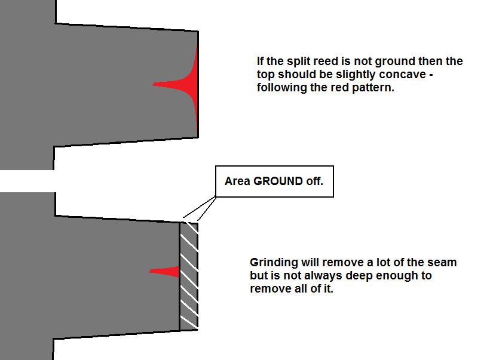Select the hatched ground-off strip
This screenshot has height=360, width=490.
(x=189, y=276)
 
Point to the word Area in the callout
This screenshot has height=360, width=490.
(x=237, y=181)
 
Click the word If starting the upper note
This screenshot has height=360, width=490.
(x=260, y=61)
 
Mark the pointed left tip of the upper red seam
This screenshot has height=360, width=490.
(x=153, y=84)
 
